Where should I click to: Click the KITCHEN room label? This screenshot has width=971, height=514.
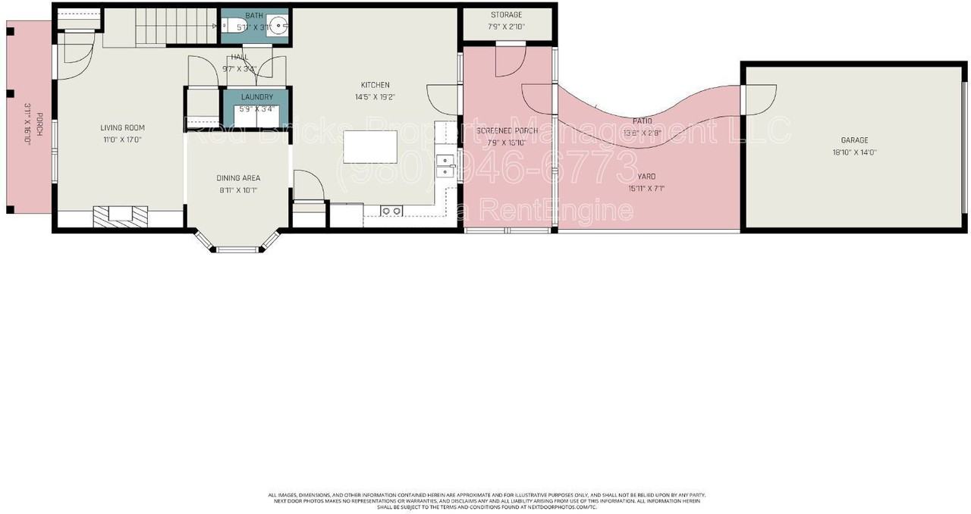pos(375,85)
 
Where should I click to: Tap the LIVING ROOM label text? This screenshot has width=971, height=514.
pos(122,128)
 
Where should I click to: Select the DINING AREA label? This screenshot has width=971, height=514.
pos(238,178)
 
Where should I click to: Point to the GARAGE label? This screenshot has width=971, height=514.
pos(854,140)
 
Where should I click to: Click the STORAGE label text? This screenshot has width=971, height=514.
pos(506,15)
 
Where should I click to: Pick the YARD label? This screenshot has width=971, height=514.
pos(646,177)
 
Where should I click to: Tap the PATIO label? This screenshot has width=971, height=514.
pos(642,121)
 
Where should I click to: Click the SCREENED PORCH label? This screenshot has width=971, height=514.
pos(507,131)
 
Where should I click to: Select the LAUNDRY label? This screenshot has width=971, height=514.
pos(256,97)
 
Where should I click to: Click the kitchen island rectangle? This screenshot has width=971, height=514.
pos(370,147)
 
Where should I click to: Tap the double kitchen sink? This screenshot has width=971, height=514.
pos(445,165)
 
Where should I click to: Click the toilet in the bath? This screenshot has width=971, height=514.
pos(231,24)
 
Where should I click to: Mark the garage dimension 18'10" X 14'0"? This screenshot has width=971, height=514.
pos(854,152)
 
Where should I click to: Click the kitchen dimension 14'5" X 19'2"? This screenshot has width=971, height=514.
pos(375,97)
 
